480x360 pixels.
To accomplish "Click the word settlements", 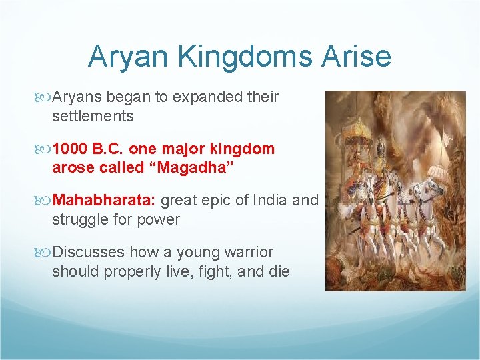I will [93, 116].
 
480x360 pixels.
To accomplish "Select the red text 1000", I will [71, 149].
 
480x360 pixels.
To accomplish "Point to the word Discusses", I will [88, 252].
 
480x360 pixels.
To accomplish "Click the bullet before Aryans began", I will [45, 97].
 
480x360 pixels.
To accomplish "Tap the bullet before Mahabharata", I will [45, 200].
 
